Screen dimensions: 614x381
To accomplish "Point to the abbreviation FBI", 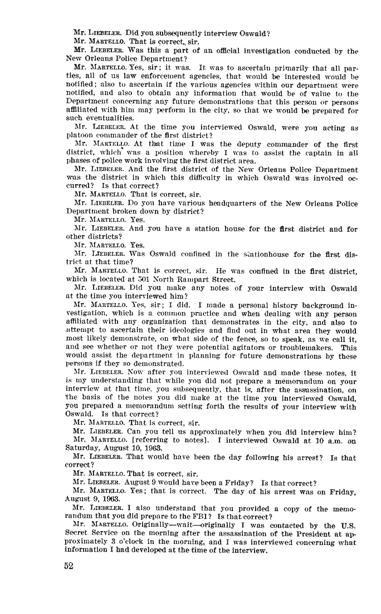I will pyautogui.click(x=197, y=514).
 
